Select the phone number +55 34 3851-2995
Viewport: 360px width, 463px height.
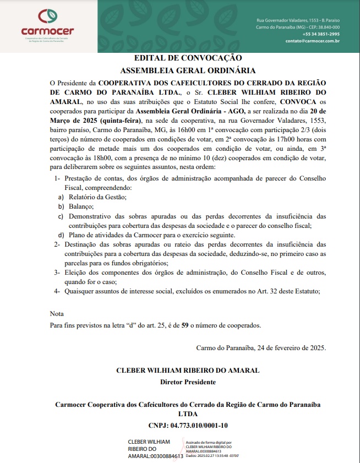320,34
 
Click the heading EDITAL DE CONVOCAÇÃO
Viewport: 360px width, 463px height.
188,58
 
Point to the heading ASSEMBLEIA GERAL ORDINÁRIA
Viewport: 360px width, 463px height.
188,70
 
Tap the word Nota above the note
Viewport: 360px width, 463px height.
57,314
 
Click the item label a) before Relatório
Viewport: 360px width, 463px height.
61,197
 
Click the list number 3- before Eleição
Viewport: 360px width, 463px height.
57,272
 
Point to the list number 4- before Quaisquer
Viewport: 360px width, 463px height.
57,291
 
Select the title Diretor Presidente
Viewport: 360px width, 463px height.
188,382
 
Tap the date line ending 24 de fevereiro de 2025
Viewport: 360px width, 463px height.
261,347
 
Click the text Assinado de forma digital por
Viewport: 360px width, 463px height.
209,442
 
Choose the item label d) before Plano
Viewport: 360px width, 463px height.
61,235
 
